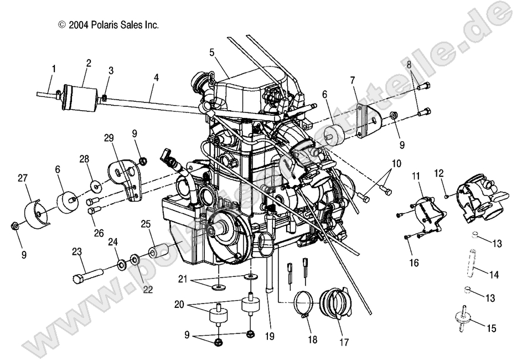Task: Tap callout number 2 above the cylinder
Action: click(x=89, y=63)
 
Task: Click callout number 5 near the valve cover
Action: click(x=211, y=53)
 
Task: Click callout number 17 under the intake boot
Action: click(x=344, y=343)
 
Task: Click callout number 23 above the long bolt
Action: click(x=76, y=251)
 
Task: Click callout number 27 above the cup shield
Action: click(x=22, y=178)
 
